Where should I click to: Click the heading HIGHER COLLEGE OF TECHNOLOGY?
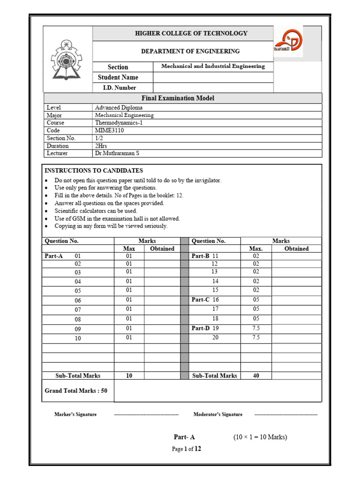pyautogui.click(x=191, y=33)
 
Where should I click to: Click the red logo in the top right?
pyautogui.click(x=288, y=42)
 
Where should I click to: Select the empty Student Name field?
pyautogui.click(x=213, y=77)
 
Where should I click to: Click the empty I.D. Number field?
pyautogui.click(x=213, y=88)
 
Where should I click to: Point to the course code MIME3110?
pyautogui.click(x=109, y=130)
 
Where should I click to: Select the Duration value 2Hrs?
pyautogui.click(x=102, y=146)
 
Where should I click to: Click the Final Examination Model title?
pyautogui.click(x=178, y=98)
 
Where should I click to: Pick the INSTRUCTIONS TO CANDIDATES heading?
pyautogui.click(x=94, y=171)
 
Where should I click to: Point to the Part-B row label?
pyautogui.click(x=200, y=256)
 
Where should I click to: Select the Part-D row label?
pyautogui.click(x=200, y=328)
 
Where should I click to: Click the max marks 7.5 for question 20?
pyautogui.click(x=256, y=337)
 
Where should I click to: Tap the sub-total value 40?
pyautogui.click(x=256, y=375)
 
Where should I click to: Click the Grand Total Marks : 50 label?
pyautogui.click(x=76, y=390)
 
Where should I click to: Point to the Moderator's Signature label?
pyautogui.click(x=218, y=414)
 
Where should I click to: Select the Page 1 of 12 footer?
pyautogui.click(x=186, y=449)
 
